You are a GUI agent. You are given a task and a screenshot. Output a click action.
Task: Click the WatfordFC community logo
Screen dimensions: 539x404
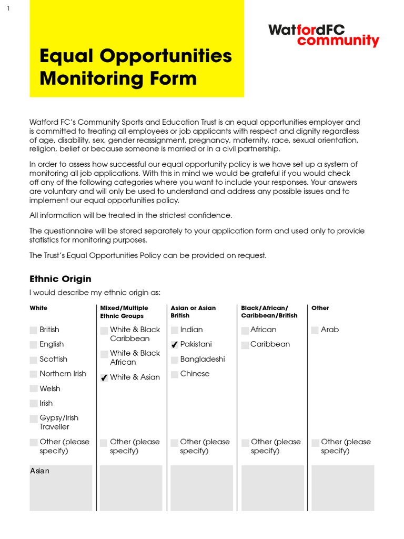click(323, 35)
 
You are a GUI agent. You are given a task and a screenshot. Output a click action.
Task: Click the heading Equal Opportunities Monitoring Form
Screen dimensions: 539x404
click(136, 67)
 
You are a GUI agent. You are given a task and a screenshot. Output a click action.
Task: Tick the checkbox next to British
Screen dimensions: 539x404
click(34, 330)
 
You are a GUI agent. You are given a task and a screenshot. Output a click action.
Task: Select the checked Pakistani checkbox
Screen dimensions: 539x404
click(175, 345)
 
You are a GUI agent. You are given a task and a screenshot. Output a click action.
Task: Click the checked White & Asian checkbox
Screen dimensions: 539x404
click(104, 378)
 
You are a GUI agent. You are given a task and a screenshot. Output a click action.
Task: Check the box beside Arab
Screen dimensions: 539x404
click(315, 330)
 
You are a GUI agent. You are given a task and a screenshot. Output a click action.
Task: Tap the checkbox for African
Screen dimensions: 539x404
click(245, 331)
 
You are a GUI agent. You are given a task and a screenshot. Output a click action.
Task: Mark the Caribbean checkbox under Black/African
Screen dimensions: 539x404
click(245, 345)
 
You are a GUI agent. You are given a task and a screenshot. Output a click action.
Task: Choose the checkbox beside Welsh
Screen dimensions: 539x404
click(34, 389)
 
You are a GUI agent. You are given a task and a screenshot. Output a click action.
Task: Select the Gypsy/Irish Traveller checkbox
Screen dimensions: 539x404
click(34, 418)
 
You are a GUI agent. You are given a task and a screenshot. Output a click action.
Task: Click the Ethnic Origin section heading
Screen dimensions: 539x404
click(60, 279)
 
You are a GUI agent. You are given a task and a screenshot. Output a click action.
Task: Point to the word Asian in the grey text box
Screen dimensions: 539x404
click(40, 471)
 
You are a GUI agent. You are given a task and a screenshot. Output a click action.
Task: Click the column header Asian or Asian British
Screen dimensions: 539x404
click(193, 312)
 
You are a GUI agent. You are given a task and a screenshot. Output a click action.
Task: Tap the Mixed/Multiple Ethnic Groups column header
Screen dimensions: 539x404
click(124, 312)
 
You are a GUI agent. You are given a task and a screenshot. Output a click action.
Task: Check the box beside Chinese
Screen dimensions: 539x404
click(175, 374)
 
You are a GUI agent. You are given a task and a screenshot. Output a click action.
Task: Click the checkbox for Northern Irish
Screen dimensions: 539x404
click(34, 374)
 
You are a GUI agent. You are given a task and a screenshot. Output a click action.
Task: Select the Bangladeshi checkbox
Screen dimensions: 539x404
click(175, 360)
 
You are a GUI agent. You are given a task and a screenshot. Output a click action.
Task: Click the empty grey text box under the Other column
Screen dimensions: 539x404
click(342, 488)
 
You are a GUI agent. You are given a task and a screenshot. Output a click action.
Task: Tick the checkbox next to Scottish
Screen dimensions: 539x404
click(34, 360)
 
